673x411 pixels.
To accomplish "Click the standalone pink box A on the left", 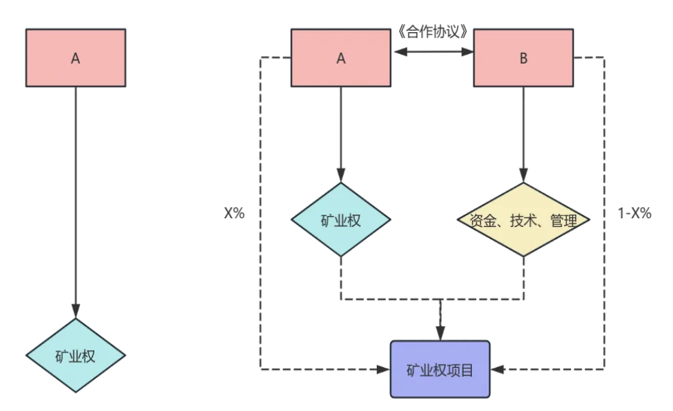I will click(75, 57).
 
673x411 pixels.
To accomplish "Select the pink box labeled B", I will click(523, 57).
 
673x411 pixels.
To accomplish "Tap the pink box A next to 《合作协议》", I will click(341, 57).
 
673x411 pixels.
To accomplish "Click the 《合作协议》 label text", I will click(432, 31).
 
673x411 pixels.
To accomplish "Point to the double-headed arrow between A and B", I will click(432, 51).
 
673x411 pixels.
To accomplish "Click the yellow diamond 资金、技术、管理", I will click(523, 220).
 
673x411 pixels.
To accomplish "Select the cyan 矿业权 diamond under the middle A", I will click(341, 220).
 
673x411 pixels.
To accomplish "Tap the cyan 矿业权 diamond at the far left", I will click(75, 356).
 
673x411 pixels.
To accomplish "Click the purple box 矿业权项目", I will click(440, 369).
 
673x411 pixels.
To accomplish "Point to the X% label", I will click(234, 213).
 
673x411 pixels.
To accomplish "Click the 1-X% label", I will click(635, 213).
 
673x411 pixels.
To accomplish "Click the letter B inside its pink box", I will click(523, 58).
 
